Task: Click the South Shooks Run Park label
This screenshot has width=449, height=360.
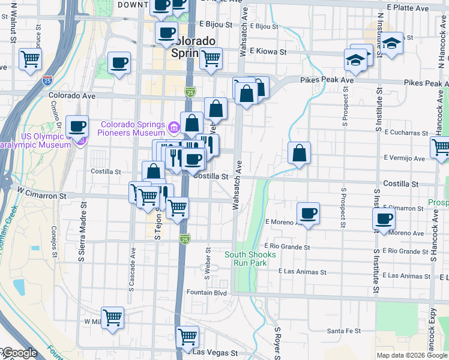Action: point(250,259)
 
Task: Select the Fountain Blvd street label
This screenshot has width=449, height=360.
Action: point(206,293)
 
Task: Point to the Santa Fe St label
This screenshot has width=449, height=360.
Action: point(343,331)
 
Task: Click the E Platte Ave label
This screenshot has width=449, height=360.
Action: point(408,8)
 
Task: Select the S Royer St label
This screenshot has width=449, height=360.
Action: point(278,341)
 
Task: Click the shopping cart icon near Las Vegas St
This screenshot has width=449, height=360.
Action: point(188,336)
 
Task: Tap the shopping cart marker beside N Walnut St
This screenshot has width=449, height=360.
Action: point(30,59)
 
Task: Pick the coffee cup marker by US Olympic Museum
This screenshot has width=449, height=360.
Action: point(77,126)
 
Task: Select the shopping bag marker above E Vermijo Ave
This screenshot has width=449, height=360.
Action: point(299,152)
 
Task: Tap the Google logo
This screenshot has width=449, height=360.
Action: point(19,353)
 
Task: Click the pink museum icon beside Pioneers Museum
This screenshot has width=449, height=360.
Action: point(173,127)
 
